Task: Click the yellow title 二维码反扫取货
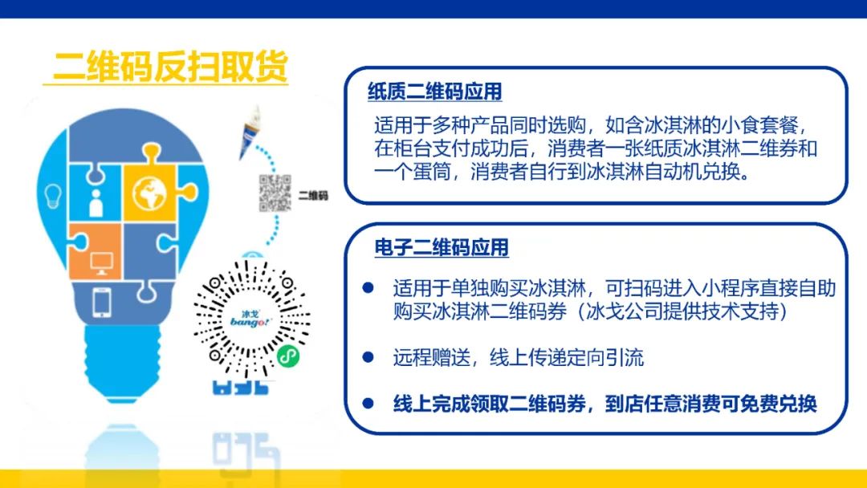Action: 170,67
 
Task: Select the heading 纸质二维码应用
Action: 434,91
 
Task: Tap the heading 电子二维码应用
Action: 442,247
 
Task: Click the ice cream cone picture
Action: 250,132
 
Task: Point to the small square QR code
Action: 275,193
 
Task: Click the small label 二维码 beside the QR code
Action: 313,195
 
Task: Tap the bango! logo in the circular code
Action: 251,319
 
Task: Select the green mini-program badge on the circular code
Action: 288,356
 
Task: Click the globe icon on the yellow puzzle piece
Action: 149,193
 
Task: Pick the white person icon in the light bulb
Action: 96,203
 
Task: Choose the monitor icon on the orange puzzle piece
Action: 102,263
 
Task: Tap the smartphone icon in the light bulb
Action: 102,303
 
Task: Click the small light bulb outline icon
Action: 52,196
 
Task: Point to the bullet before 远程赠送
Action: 368,357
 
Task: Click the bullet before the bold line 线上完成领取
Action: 368,403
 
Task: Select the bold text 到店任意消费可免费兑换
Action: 710,404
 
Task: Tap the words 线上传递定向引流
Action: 567,357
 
